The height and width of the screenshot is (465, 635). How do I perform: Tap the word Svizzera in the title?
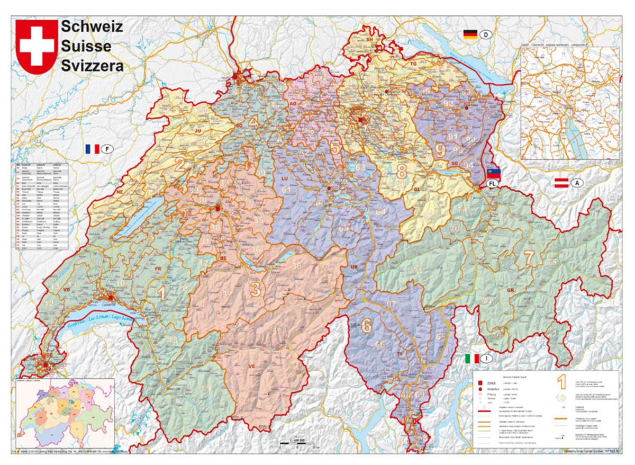[92, 66]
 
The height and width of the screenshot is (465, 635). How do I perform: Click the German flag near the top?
[470, 35]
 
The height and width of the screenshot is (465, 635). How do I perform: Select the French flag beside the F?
[92, 149]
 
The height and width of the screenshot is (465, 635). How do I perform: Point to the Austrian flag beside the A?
[561, 183]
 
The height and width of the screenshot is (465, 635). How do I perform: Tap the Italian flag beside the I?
[471, 359]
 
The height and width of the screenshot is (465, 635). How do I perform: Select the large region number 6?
[366, 326]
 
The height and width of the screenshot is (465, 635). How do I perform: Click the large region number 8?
[402, 171]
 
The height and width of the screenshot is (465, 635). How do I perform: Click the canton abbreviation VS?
[252, 366]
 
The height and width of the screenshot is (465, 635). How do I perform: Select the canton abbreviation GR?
[510, 291]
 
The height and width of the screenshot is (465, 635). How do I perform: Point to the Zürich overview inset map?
[570, 103]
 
